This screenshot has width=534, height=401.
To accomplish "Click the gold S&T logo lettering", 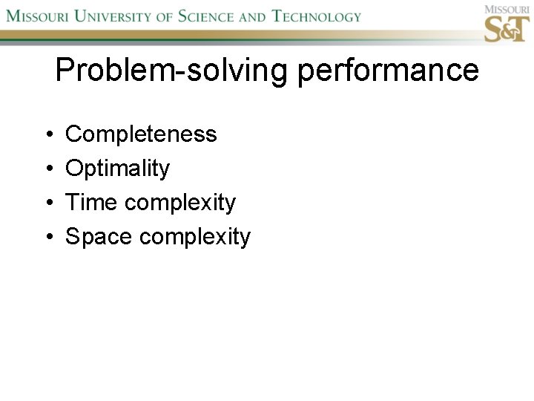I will (x=507, y=29).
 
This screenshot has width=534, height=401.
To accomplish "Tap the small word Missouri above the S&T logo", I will (x=506, y=9).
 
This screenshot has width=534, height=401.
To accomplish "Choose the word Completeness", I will (x=141, y=134).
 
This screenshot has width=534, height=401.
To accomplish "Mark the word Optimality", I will (x=117, y=169).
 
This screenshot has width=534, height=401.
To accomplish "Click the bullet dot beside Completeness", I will (x=47, y=135).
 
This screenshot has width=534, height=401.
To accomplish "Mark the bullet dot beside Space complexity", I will (x=47, y=238).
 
